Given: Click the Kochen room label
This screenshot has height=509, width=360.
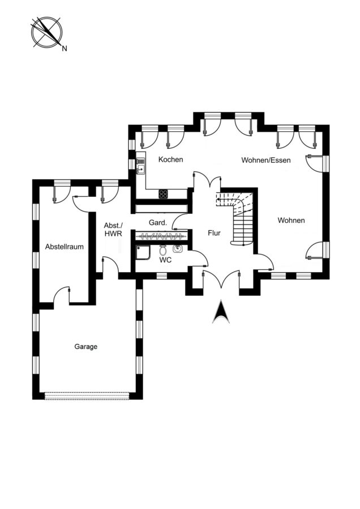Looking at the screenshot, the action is (170, 159).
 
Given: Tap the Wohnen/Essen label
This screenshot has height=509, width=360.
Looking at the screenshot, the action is (266, 160).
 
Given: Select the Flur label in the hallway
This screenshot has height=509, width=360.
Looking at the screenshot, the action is (214, 233).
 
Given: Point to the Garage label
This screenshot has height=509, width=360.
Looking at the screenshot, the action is (86, 347).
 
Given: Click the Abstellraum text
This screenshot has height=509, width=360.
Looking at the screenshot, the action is (65, 247).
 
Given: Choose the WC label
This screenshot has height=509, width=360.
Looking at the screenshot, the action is (165, 260).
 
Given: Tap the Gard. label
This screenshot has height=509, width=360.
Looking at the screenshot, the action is (158, 223).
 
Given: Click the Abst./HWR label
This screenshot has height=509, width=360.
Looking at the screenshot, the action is (113, 229).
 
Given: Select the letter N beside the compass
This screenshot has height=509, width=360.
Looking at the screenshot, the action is (65, 49).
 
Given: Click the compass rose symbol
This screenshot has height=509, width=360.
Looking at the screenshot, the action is (47, 32).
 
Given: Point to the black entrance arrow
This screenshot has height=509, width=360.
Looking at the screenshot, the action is (221, 312).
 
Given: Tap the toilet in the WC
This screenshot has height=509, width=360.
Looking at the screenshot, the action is (163, 250).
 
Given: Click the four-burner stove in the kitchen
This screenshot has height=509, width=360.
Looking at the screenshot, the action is (164, 194).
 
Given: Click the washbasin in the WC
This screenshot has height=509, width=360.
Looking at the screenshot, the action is (177, 249).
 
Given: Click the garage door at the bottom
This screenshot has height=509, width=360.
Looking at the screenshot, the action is (87, 396).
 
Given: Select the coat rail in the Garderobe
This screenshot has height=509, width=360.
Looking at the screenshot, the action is (161, 235).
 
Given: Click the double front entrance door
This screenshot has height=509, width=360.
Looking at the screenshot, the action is (221, 279).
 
